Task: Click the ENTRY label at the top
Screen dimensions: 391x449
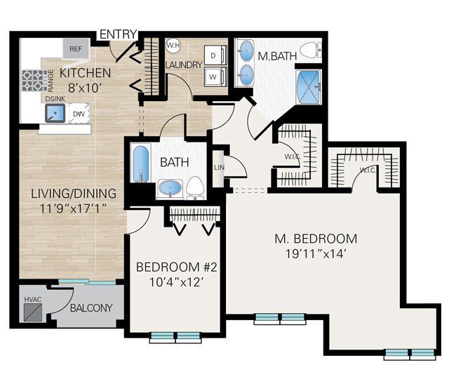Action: click(119, 34)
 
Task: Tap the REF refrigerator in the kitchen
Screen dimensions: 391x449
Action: click(75, 49)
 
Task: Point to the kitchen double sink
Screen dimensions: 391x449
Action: click(55, 114)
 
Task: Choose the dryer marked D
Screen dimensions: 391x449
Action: click(213, 55)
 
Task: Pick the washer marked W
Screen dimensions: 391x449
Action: click(213, 76)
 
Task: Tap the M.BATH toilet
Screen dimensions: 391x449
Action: click(316, 48)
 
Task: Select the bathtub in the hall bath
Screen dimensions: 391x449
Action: click(140, 163)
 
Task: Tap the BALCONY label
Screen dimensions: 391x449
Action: click(91, 307)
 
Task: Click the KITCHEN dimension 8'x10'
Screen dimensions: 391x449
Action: click(84, 88)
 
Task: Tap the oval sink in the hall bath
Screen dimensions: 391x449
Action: click(168, 187)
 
